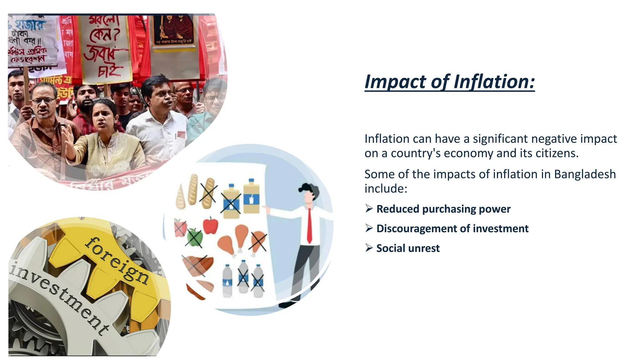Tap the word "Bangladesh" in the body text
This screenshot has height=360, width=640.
pos(585,174)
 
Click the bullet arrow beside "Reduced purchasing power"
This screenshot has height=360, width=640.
pos(369,208)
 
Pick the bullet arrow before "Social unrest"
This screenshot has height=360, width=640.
pos(369,248)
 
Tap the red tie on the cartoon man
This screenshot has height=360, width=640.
pos(309,225)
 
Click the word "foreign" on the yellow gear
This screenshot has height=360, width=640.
pos(117,260)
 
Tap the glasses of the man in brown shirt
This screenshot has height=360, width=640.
pos(43,101)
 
